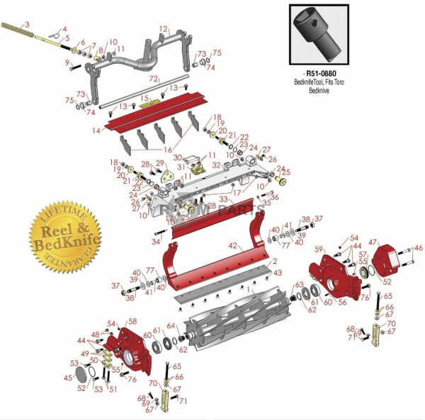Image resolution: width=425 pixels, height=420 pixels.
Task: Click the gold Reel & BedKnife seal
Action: (61, 235)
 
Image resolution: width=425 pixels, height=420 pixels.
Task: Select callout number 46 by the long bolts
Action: (418, 248)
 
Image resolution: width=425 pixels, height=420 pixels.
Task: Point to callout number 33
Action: (223, 199)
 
